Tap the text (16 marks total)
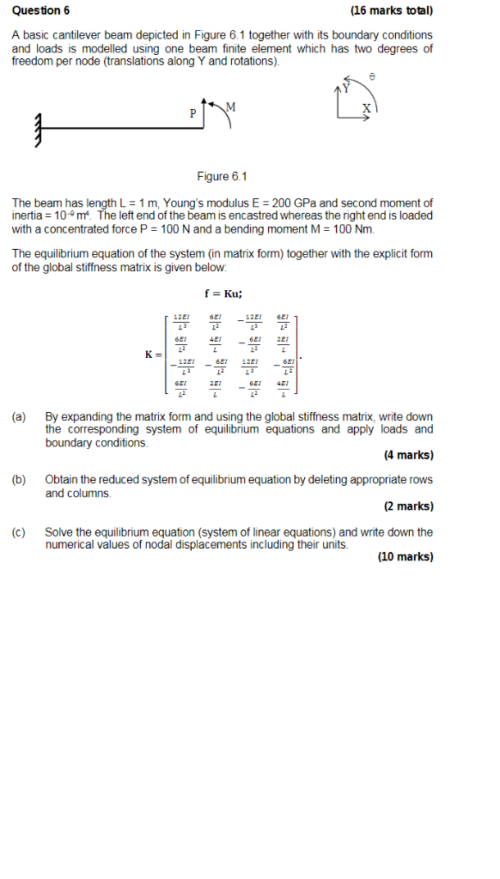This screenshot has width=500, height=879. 392,11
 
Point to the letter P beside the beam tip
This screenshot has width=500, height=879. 193,113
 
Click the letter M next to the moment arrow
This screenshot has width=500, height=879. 229,106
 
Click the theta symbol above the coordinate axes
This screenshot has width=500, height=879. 371,77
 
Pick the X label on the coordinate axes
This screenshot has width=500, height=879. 367,109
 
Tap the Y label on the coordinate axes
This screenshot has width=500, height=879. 346,88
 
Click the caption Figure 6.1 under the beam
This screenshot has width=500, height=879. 222,177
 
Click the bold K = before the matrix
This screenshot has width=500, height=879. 155,355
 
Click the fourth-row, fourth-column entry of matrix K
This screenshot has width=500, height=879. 284,389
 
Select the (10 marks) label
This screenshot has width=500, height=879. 405,557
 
